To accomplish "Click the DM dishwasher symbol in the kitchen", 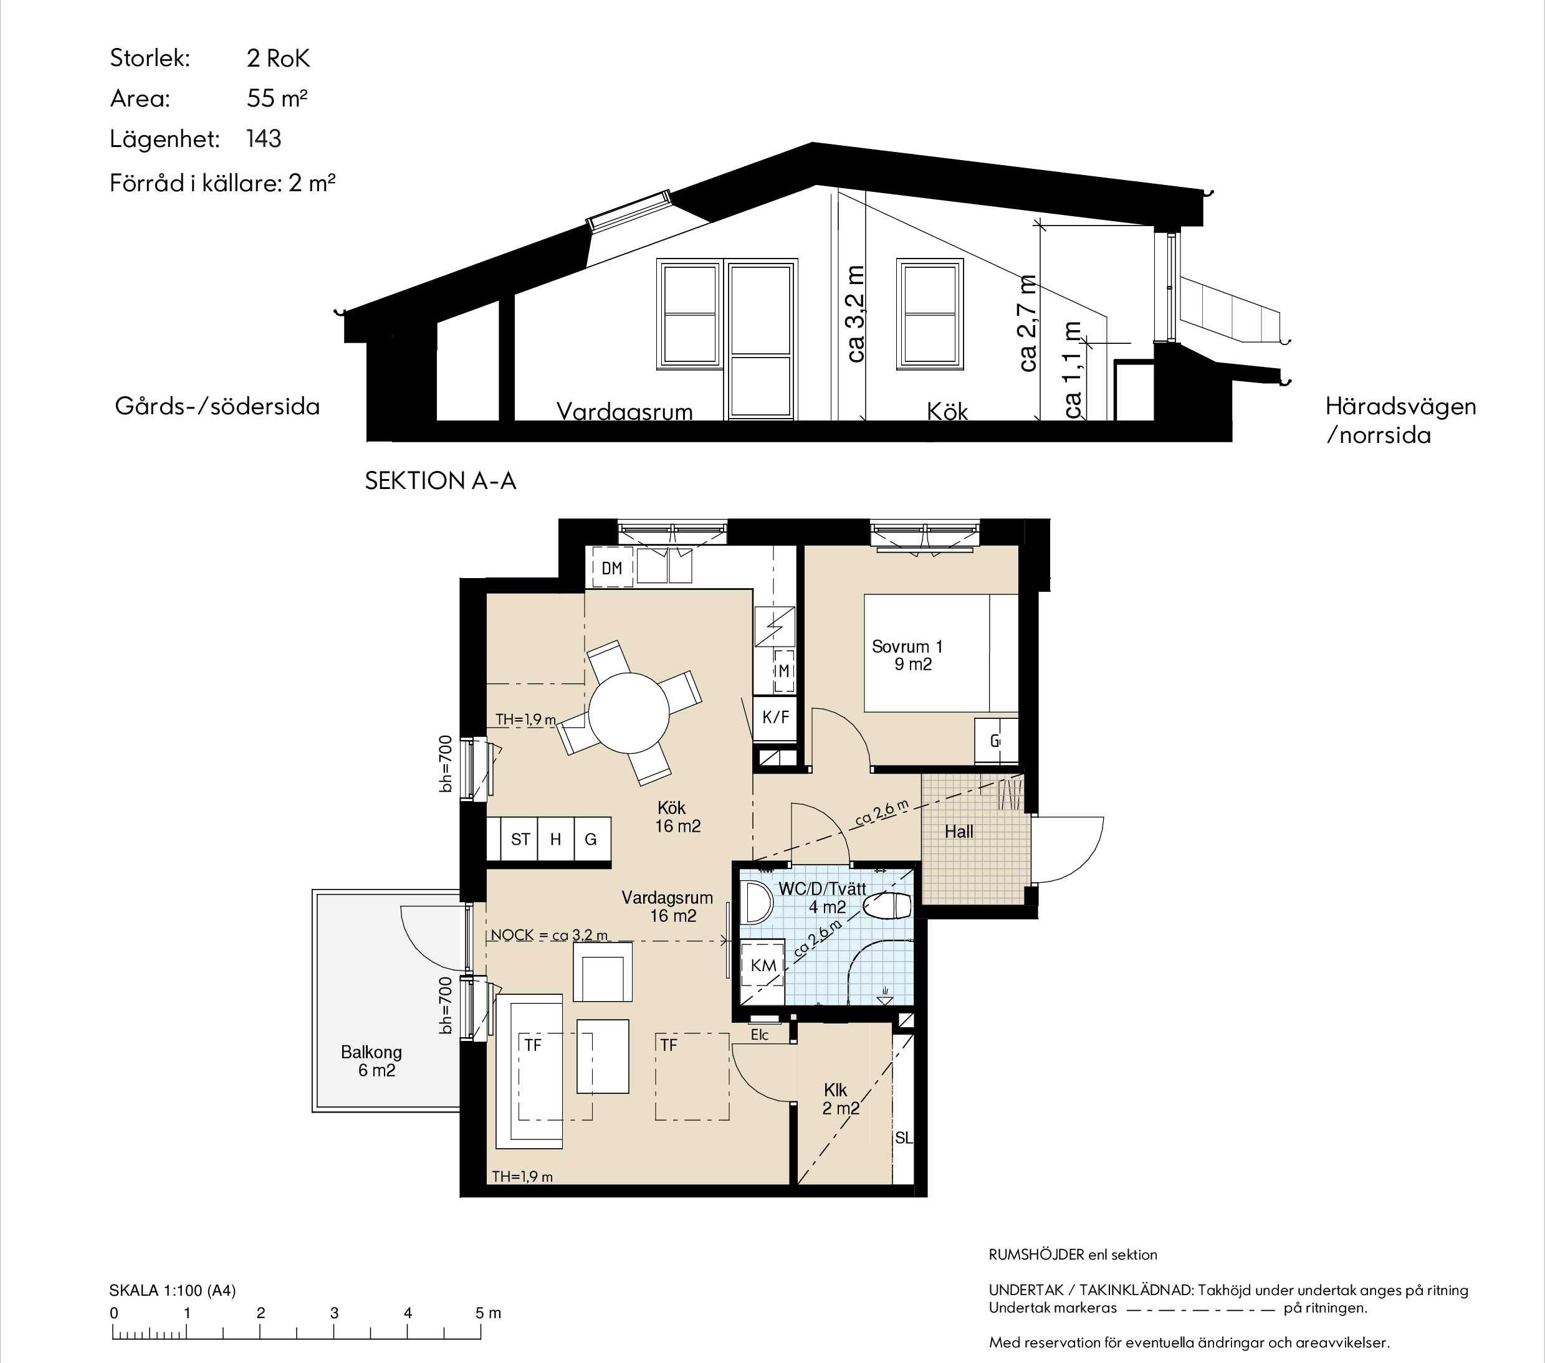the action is [x=611, y=568].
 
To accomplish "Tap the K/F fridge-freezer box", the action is [x=775, y=717].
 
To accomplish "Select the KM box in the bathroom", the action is [x=763, y=965].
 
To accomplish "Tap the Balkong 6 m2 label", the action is [x=372, y=1061].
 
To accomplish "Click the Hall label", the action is [x=959, y=832].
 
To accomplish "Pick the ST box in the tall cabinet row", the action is [x=520, y=838].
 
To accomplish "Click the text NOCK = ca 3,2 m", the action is [x=549, y=936].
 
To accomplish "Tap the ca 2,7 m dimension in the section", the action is [x=1027, y=323].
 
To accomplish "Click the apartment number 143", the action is [x=264, y=138].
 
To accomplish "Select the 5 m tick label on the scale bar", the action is [x=488, y=1313].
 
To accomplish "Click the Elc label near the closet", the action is [x=759, y=1035].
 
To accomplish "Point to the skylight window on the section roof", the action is [x=629, y=210].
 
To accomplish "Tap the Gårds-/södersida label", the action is [x=218, y=407].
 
